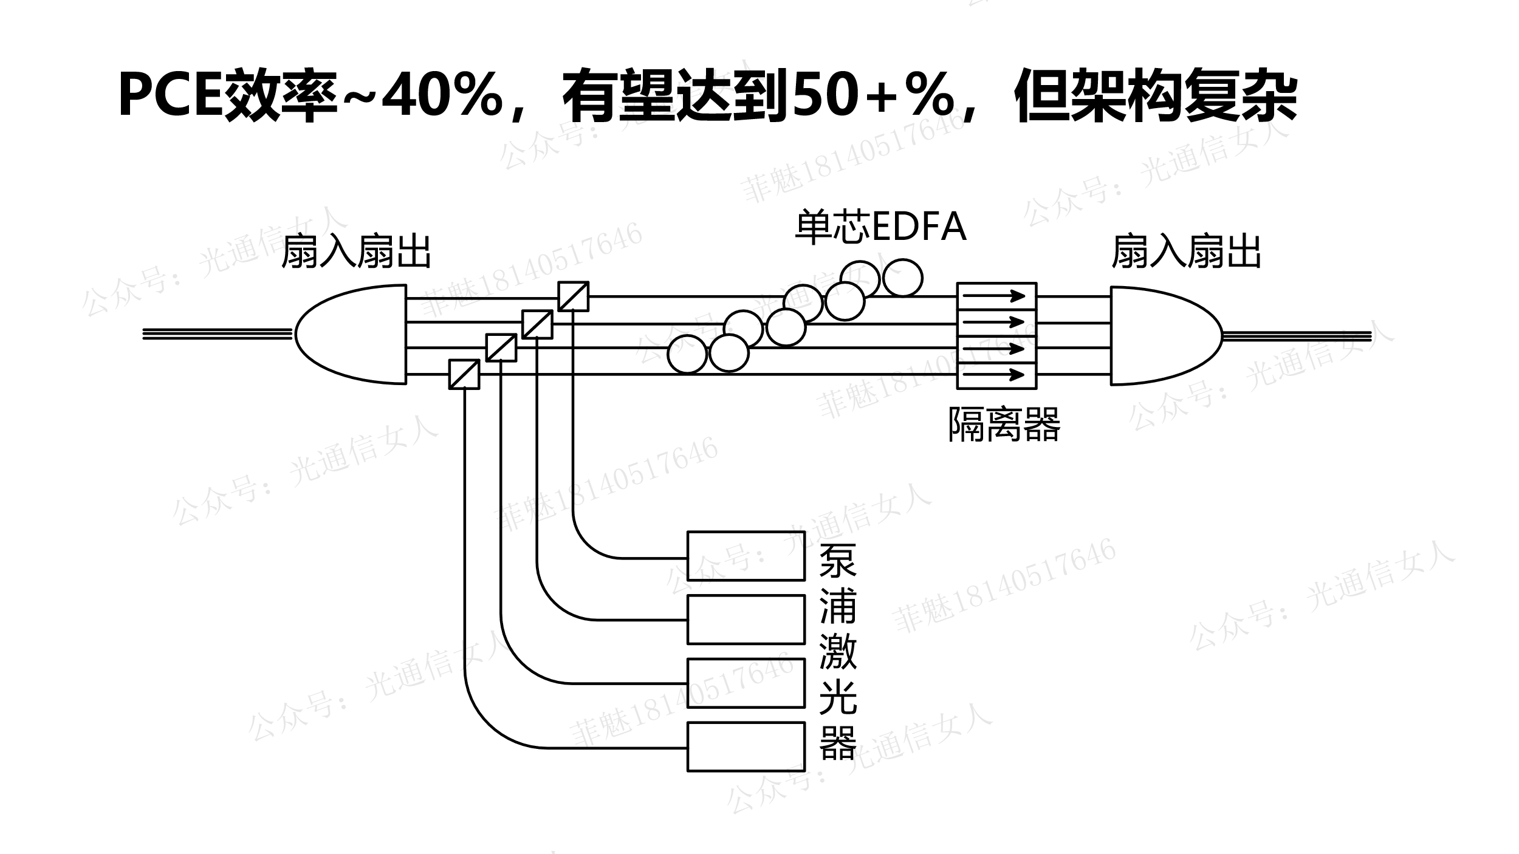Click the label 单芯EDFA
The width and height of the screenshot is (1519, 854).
(880, 227)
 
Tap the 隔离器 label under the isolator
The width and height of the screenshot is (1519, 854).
(1004, 423)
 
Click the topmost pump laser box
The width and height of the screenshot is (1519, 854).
(746, 556)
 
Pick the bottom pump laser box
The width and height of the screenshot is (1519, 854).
(746, 746)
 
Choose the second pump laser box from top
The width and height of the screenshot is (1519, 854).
(746, 620)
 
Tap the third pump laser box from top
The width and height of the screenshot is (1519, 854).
(746, 683)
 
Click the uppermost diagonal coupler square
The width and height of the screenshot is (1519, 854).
(573, 296)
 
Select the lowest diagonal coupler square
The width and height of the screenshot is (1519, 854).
(464, 374)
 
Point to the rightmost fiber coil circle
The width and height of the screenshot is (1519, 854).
(902, 278)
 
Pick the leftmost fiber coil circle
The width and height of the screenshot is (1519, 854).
(687, 354)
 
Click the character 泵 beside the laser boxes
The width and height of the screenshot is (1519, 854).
(838, 560)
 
